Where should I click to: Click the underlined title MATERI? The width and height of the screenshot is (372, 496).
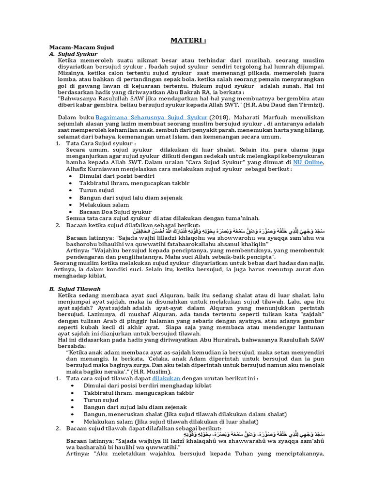coord(188,40)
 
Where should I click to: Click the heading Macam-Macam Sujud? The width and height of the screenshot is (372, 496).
coord(81,47)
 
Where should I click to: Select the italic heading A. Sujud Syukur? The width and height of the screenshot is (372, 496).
coord(73,54)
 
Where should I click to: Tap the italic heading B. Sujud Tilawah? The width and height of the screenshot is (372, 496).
coord(75,289)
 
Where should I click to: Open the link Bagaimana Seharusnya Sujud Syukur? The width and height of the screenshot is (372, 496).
coord(152,117)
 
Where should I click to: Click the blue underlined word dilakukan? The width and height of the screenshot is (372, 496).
coord(166,378)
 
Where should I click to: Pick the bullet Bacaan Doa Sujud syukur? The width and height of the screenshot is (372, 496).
coord(116,212)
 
